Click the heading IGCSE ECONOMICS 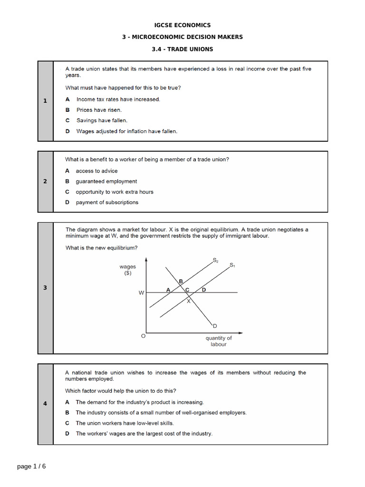(x=182, y=25)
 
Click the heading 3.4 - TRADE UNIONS (x=182, y=49)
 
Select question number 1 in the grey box (x=45, y=101)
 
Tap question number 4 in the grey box (x=45, y=404)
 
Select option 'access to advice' (x=96, y=171)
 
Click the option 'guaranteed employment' (x=106, y=181)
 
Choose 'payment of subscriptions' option (x=107, y=202)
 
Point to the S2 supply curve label (x=215, y=260)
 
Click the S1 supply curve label (x=232, y=265)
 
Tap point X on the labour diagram (x=188, y=301)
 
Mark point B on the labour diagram (x=181, y=282)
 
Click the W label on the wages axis (x=141, y=293)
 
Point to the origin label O (x=143, y=336)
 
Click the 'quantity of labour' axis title (x=219, y=341)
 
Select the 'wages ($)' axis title (x=127, y=270)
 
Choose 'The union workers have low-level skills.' (x=125, y=423)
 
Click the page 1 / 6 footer (x=32, y=466)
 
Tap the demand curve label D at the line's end (x=215, y=326)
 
